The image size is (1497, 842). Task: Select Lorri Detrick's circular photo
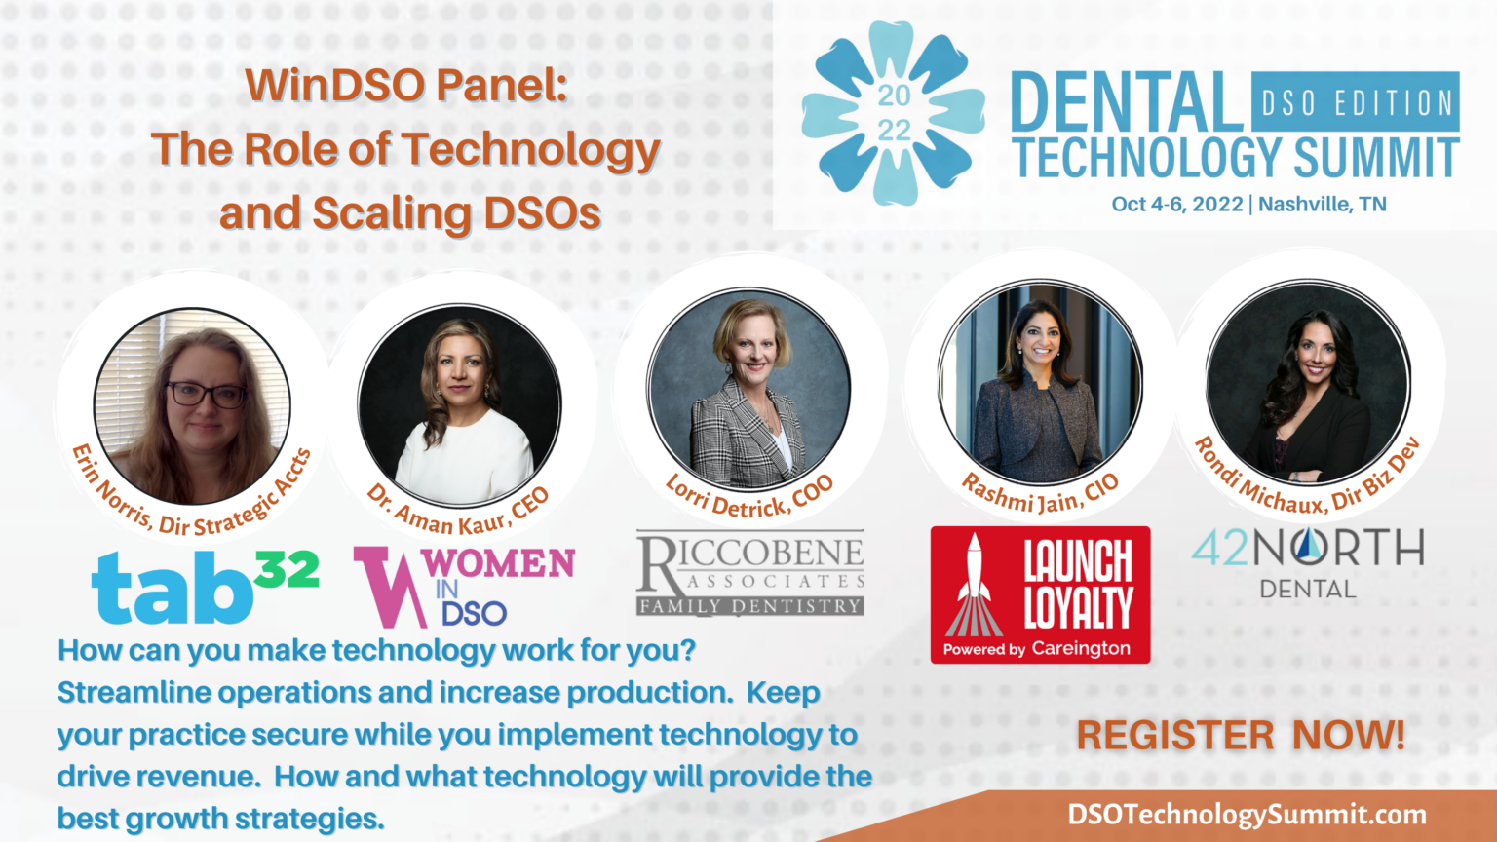[x=748, y=390]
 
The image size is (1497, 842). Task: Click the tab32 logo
[x=205, y=588]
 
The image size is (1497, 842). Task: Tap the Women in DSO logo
[x=463, y=586]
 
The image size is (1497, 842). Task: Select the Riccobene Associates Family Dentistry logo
[x=749, y=574]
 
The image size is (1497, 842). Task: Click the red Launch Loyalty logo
[x=1040, y=594]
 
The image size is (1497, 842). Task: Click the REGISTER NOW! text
[x=1241, y=735]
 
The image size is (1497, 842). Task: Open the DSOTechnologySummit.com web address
[x=1247, y=815]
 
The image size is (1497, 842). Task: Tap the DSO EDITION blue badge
[x=1356, y=102]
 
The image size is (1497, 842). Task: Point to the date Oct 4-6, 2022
[x=1176, y=205]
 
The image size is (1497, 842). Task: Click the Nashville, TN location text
[x=1323, y=205]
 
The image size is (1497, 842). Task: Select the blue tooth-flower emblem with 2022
[x=893, y=114]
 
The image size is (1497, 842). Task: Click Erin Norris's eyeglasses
[x=207, y=395]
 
